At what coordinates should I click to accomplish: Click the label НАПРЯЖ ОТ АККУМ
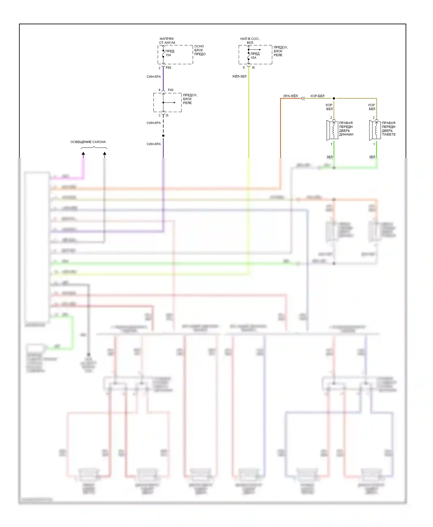click(x=167, y=41)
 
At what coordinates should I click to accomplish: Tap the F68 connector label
click(x=169, y=68)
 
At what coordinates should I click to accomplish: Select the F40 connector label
click(x=171, y=90)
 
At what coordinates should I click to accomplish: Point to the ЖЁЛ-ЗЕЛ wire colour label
click(x=239, y=76)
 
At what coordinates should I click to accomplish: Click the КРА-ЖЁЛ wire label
click(x=290, y=96)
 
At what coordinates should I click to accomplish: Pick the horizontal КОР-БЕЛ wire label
click(x=317, y=96)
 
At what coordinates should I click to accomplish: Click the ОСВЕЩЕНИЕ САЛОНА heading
click(x=88, y=142)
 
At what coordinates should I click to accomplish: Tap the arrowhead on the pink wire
click(x=83, y=154)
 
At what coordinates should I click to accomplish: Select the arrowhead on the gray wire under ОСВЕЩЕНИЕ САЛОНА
click(x=104, y=154)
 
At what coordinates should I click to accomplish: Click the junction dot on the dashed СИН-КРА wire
click(x=163, y=136)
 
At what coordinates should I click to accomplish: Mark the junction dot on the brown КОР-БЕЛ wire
click(x=334, y=99)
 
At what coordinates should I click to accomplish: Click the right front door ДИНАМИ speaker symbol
click(x=332, y=130)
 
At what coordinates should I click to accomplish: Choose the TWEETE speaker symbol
click(x=375, y=130)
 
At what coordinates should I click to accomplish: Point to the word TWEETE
click(x=389, y=134)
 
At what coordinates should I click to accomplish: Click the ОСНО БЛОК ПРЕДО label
click(x=200, y=50)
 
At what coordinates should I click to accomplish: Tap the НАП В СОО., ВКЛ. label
click(x=250, y=41)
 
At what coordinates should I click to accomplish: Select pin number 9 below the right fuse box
click(x=244, y=68)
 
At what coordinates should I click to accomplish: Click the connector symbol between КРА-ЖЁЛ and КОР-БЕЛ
click(x=303, y=99)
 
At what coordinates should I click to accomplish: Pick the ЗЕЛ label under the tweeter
click(x=372, y=157)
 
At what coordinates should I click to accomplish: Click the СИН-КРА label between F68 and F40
click(x=154, y=77)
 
